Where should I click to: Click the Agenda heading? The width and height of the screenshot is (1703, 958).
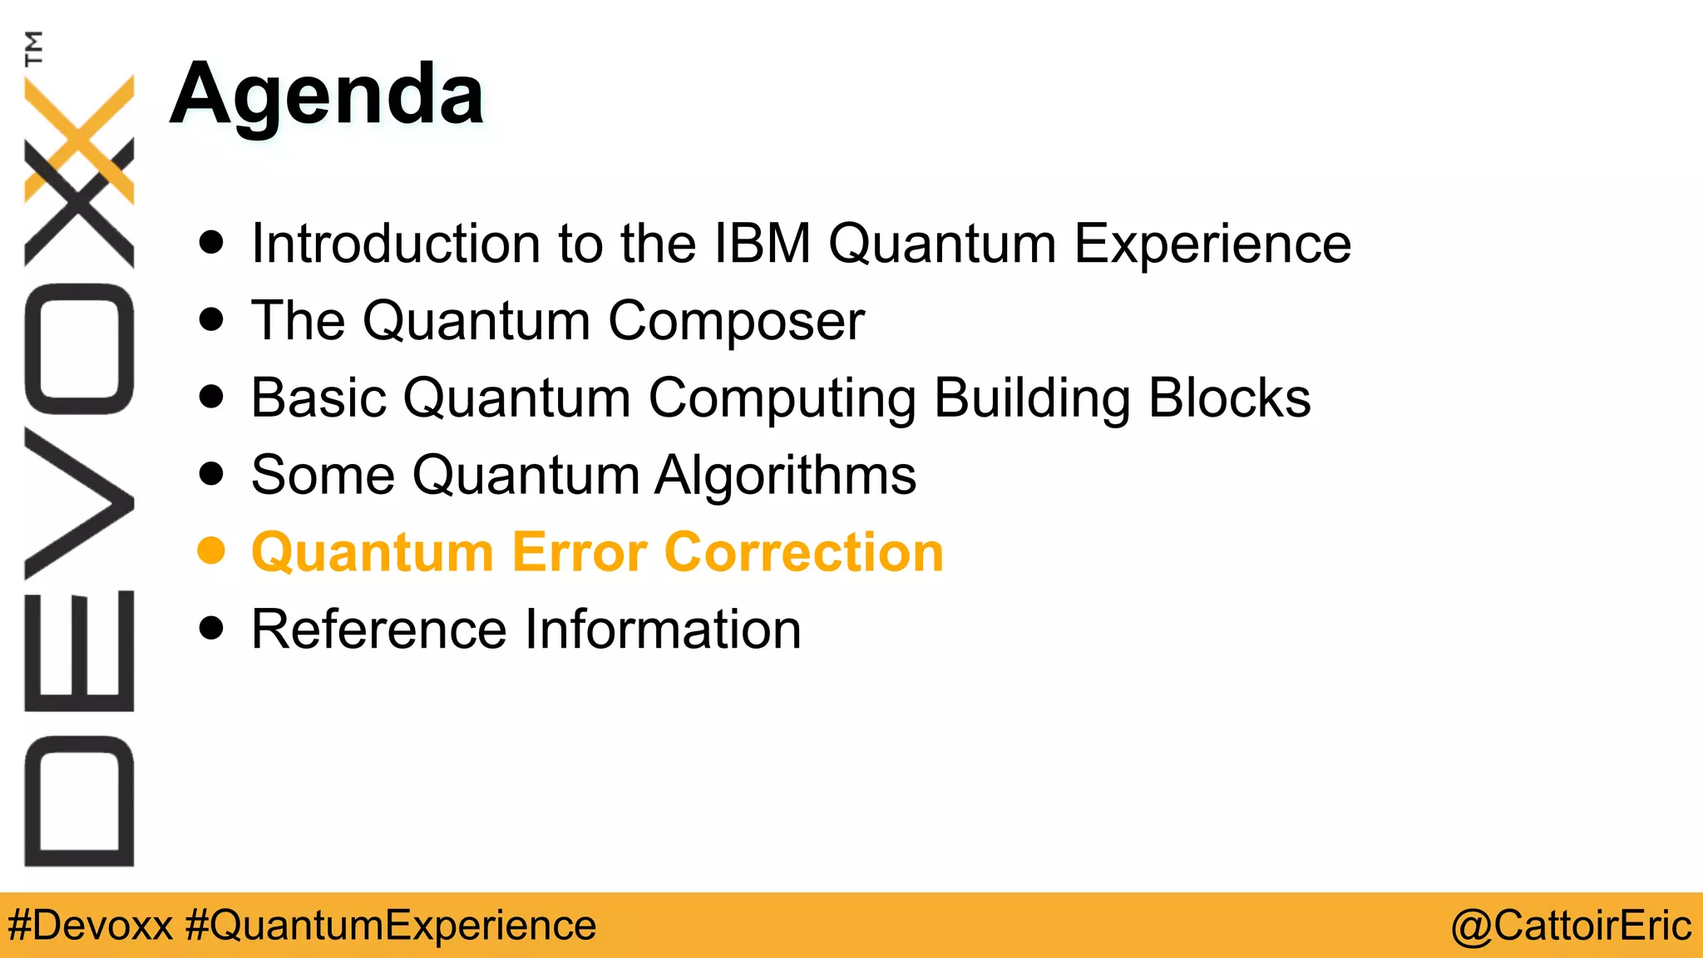click(x=327, y=96)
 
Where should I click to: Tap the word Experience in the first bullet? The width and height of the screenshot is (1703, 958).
click(x=1212, y=244)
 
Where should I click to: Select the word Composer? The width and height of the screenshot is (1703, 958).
click(x=736, y=321)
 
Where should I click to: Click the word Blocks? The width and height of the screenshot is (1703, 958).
click(x=1229, y=398)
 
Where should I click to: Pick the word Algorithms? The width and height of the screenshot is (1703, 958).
click(x=785, y=476)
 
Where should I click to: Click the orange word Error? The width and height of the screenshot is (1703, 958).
click(x=579, y=552)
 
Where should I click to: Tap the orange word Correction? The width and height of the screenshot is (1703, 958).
click(x=804, y=552)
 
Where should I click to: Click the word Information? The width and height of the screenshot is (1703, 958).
click(x=663, y=629)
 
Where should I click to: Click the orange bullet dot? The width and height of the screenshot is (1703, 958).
click(x=212, y=551)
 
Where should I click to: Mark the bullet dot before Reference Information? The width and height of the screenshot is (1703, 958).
click(x=212, y=628)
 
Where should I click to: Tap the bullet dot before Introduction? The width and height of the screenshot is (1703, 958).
click(x=212, y=242)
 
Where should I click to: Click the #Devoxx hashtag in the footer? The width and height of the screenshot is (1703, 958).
click(x=90, y=926)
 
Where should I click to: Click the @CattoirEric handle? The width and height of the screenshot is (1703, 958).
click(x=1571, y=926)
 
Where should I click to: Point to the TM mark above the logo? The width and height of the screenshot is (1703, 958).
click(x=33, y=48)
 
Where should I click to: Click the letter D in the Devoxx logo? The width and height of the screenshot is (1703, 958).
click(x=79, y=801)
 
